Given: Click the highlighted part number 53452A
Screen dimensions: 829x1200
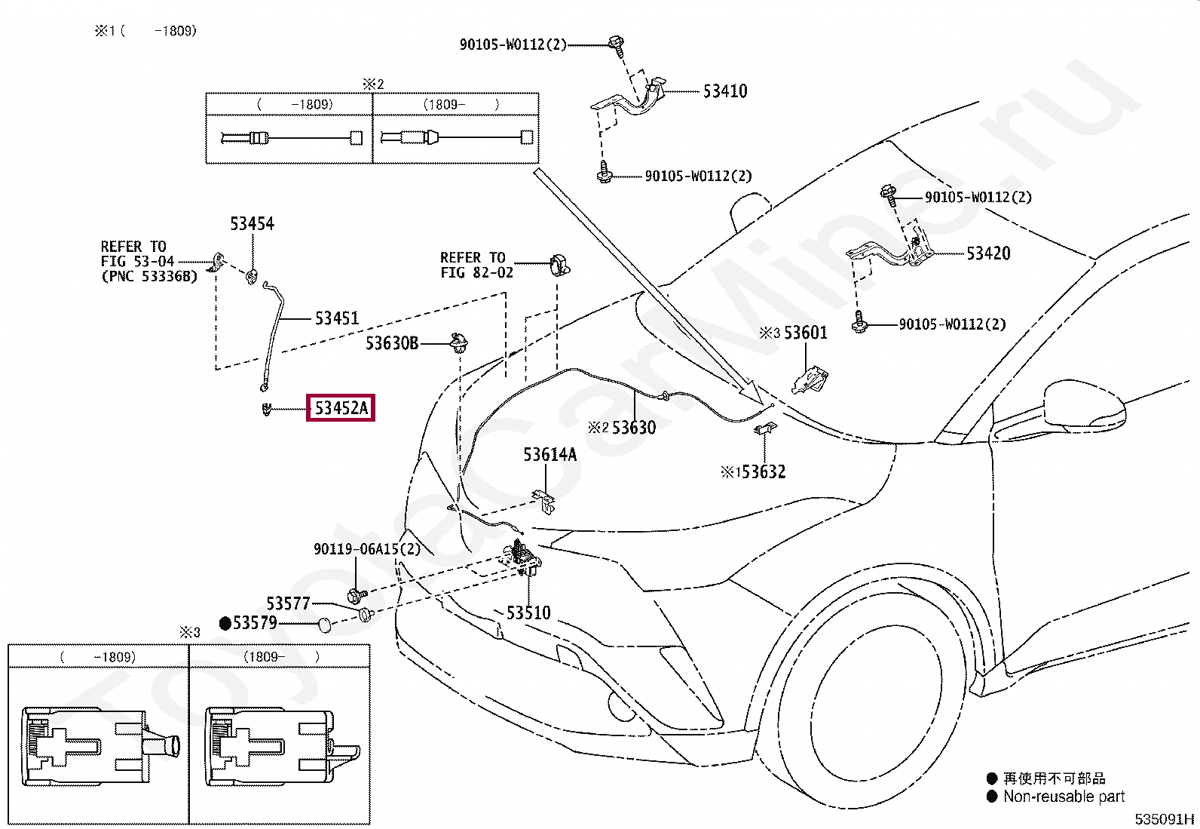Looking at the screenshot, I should [341, 409].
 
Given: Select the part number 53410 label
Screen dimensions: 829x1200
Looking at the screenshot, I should [724, 91].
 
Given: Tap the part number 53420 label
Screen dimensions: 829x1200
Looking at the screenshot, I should [988, 253].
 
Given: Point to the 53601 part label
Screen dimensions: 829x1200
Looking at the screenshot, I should [805, 333].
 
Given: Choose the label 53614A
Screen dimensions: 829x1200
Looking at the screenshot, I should [549, 454].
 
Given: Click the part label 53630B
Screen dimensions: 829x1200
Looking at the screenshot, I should [392, 343].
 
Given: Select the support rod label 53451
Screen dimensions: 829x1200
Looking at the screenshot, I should [336, 318].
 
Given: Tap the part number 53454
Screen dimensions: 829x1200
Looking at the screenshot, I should [252, 223].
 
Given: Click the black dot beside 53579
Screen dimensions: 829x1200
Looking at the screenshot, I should [225, 623].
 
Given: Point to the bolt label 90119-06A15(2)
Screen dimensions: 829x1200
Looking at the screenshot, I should [367, 549].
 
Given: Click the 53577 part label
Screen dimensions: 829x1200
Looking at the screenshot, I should [288, 603].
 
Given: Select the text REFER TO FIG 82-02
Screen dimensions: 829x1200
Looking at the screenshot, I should [476, 265].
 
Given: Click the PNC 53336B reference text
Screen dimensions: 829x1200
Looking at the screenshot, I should [148, 276].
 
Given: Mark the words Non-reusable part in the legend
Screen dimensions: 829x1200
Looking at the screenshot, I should [1064, 797].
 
